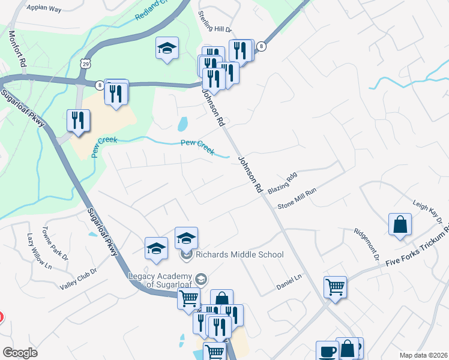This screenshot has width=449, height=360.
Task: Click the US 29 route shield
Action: tap(86, 62)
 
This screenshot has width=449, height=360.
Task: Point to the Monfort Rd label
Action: tap(17, 49)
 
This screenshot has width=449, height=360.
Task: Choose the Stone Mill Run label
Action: tap(297, 200)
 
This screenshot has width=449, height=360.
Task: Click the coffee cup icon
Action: tap(327, 351)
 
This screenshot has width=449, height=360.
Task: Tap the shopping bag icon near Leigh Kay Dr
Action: tap(400, 226)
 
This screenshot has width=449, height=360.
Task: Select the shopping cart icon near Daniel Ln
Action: tap(335, 286)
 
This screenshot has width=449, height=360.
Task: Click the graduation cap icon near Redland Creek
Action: tap(167, 49)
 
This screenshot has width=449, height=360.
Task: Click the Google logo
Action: tap(20, 353)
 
